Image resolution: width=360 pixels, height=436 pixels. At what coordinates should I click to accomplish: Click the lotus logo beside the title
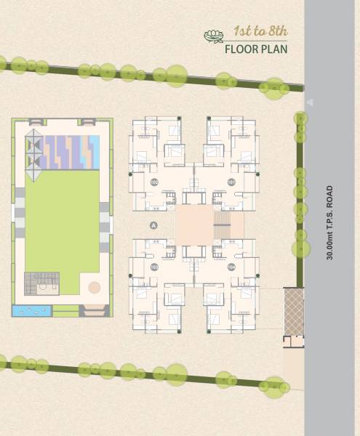click(213, 35)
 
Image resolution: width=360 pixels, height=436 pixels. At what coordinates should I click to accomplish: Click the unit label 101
click(231, 182)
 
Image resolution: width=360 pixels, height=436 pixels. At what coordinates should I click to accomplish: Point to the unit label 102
click(153, 182)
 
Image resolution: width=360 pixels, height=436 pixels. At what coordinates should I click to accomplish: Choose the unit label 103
click(153, 267)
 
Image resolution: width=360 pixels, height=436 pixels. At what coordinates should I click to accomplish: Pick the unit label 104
click(231, 267)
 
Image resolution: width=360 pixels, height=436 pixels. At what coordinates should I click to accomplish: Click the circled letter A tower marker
click(153, 225)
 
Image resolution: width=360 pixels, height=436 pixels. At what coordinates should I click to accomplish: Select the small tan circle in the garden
click(94, 288)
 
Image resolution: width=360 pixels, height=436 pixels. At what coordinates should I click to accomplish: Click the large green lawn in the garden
click(62, 218)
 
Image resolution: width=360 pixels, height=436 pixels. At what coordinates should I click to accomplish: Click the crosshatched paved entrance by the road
click(293, 312)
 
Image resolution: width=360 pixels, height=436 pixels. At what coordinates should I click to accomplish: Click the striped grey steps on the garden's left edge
click(20, 211)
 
